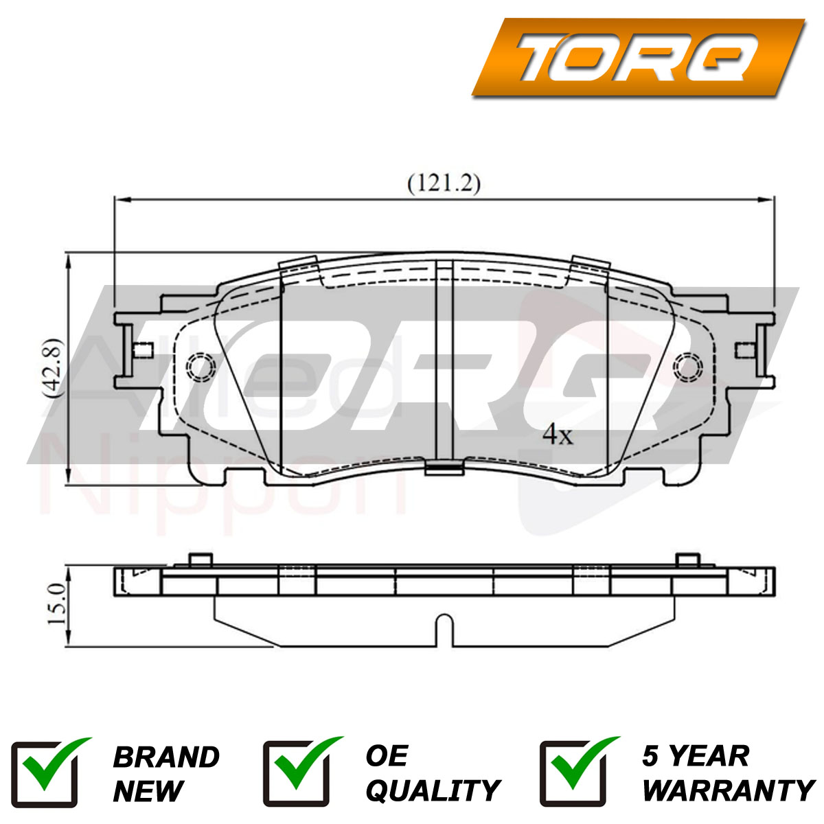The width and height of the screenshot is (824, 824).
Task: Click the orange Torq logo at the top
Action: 638,57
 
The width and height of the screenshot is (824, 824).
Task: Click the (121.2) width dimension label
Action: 444,184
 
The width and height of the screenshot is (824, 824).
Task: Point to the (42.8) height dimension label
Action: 53,369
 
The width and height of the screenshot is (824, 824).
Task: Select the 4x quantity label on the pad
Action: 558,435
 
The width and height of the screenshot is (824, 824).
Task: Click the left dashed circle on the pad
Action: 201,367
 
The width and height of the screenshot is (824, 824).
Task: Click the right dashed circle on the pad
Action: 687,367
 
